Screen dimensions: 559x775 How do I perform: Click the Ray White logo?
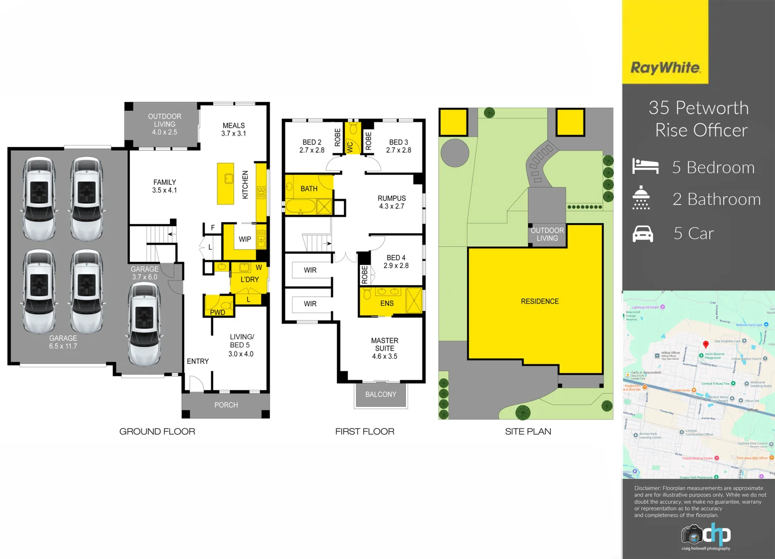pyautogui.click(x=665, y=68)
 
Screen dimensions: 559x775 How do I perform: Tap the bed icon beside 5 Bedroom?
pyautogui.click(x=645, y=167)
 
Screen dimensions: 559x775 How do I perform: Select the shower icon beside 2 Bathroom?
pyautogui.click(x=641, y=198)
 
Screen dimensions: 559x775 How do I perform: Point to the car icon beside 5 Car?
pyautogui.click(x=643, y=234)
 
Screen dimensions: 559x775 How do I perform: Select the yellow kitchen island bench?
pyautogui.click(x=225, y=184)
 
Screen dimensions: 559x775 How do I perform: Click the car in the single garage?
pyautogui.click(x=144, y=323)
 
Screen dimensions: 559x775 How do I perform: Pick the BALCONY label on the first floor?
pyautogui.click(x=381, y=394)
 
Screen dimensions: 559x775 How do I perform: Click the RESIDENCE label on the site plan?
pyautogui.click(x=539, y=301)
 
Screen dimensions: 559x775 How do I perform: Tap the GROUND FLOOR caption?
pyautogui.click(x=157, y=431)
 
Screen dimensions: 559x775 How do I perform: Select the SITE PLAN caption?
pyautogui.click(x=528, y=431)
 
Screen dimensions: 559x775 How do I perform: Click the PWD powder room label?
pyautogui.click(x=217, y=312)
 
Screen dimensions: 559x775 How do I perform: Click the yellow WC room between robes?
pyautogui.click(x=352, y=138)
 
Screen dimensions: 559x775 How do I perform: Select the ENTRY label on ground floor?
pyautogui.click(x=198, y=361)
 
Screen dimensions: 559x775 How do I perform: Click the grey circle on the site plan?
pyautogui.click(x=455, y=153)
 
